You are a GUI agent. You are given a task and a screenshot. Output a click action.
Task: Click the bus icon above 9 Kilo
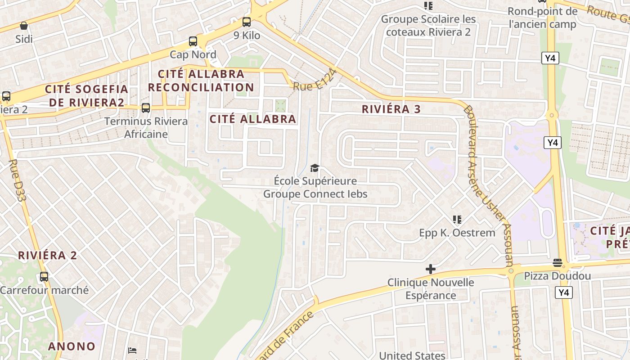(247, 22)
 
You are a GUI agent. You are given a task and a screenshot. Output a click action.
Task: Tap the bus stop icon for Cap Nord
(193, 41)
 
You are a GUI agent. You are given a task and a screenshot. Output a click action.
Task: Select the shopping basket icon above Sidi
(24, 26)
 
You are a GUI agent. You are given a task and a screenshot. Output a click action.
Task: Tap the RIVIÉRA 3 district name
(391, 109)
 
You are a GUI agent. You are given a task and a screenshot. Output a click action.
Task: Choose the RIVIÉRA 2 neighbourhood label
(48, 256)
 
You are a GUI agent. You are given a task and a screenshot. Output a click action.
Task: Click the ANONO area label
(72, 346)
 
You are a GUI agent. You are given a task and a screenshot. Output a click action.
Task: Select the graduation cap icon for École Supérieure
(315, 168)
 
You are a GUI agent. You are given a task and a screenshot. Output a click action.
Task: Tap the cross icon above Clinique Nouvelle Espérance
(431, 269)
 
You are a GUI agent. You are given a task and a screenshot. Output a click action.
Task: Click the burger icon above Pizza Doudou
(558, 263)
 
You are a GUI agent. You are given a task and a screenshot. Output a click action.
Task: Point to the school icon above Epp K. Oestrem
(457, 220)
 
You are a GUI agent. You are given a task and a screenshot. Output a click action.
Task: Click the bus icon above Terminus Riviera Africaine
(145, 108)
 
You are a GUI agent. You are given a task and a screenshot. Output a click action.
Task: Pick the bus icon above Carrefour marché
(44, 277)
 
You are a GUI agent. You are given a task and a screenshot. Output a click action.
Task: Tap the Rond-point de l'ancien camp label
(542, 18)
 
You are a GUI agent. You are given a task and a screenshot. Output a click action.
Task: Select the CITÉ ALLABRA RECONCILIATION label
(201, 80)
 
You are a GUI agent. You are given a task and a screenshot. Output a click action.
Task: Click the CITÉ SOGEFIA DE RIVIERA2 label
(86, 95)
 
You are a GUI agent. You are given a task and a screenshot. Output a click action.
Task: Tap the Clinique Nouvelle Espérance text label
(431, 289)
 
